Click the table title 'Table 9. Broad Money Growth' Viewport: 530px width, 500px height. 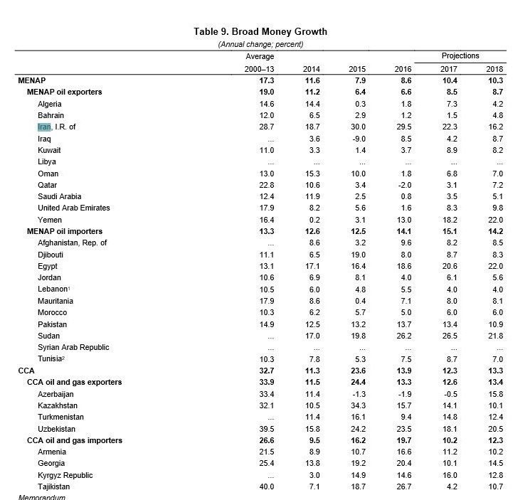[x=260, y=31]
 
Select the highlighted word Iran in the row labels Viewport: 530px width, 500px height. [x=45, y=127]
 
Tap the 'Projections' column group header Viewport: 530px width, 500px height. [x=460, y=55]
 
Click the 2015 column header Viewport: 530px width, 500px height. [x=356, y=69]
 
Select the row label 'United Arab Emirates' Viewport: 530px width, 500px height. [x=73, y=208]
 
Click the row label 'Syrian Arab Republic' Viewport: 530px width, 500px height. [x=73, y=347]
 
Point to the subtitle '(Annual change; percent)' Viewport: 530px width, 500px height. [x=260, y=44]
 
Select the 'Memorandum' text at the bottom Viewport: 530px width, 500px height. [x=42, y=497]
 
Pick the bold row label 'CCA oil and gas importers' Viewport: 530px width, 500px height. [x=75, y=440]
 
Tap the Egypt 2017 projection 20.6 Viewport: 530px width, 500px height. [x=450, y=266]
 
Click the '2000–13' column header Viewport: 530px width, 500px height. [x=260, y=69]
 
